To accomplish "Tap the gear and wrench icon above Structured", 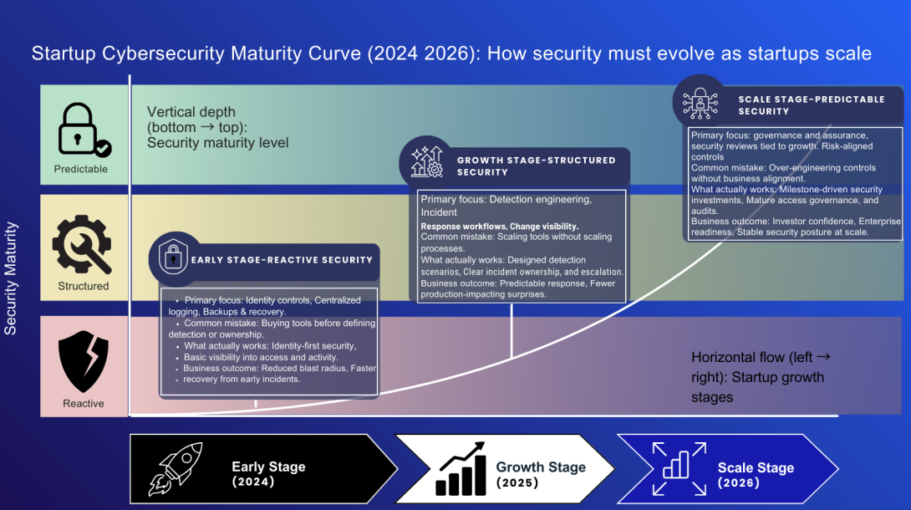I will tap(82, 245).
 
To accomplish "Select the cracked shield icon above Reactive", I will tap(83, 360).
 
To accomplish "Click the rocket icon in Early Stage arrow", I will tap(176, 469).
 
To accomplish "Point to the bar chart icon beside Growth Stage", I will tap(460, 469).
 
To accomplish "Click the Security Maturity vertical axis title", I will tap(11, 278).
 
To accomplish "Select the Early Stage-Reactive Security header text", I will tap(282, 260).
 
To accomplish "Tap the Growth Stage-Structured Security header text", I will tap(536, 166).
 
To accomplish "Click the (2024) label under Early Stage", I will tap(253, 482).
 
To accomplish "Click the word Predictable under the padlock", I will tap(81, 169).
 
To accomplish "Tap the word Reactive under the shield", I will tap(84, 403).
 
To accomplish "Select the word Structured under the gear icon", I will tap(84, 286).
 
